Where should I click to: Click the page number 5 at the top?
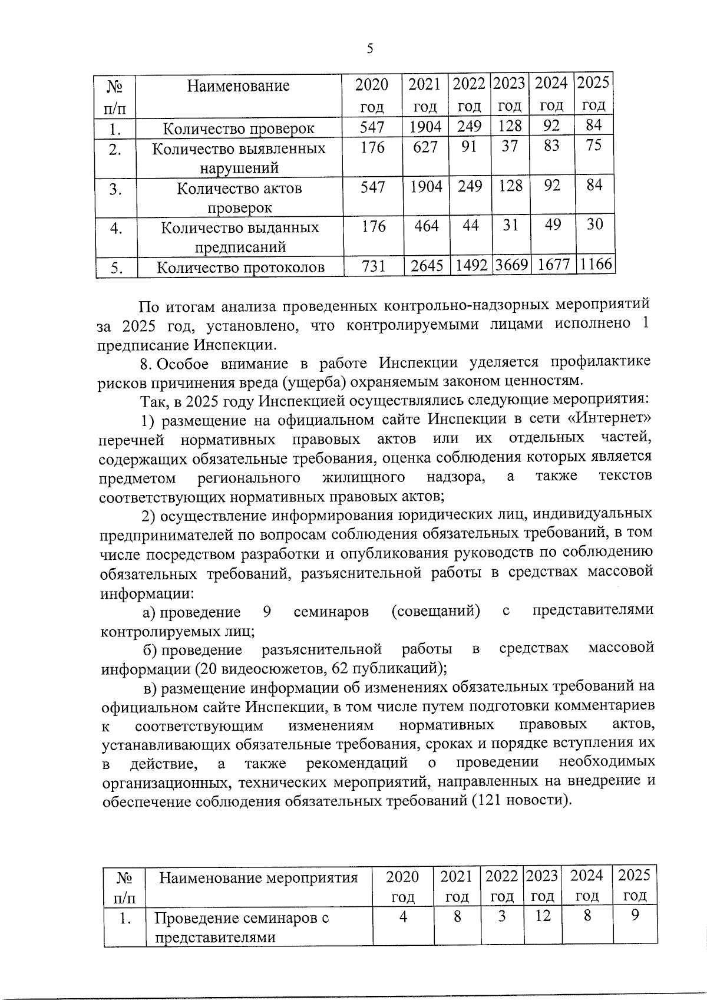point(369,49)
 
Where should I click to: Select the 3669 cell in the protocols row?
point(510,266)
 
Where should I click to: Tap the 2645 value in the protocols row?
point(427,266)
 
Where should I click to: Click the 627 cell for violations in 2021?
point(425,147)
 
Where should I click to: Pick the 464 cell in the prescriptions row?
point(426,226)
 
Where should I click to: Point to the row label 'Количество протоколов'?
point(240,268)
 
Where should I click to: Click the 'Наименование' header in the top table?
point(239,86)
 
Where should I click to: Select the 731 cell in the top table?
point(373,266)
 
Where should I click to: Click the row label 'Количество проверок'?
point(239,128)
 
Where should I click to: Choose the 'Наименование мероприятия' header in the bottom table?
point(259,878)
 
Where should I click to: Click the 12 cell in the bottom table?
point(543,916)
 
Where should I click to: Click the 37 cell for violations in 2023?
point(510,146)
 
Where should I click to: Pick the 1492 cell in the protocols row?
point(470,266)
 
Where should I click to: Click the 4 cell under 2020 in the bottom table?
point(403,916)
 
